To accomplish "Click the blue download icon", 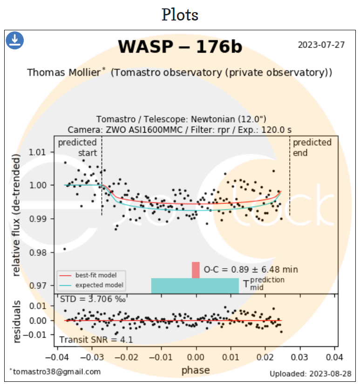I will pyautogui.click(x=15, y=41).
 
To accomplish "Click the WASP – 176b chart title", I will pyautogui.click(x=180, y=47).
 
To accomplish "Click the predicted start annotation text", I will pyautogui.click(x=77, y=147).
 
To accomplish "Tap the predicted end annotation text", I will pyautogui.click(x=312, y=147).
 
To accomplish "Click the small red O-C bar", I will pyautogui.click(x=196, y=270).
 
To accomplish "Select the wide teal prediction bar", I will pyautogui.click(x=195, y=285).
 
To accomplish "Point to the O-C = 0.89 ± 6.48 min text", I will pyautogui.click(x=251, y=270).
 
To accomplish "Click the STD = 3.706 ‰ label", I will pyautogui.click(x=92, y=298).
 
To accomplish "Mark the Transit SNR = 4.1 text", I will pyautogui.click(x=96, y=339).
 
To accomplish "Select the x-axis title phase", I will pyautogui.click(x=196, y=371).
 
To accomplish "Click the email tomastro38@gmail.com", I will pyautogui.click(x=55, y=372).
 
